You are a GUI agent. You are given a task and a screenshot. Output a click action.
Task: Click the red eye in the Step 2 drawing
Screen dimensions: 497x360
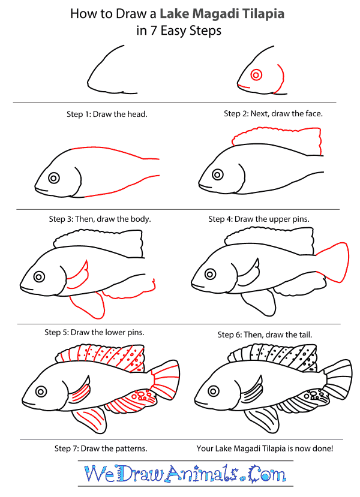pyautogui.click(x=256, y=75)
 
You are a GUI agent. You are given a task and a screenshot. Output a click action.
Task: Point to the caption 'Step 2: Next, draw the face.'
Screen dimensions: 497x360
pyautogui.click(x=274, y=113)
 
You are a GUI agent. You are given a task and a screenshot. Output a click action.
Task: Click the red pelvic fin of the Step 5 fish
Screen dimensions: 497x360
pyautogui.click(x=88, y=306)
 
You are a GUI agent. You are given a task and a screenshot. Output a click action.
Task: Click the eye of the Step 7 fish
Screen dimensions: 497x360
pyautogui.click(x=41, y=391)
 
